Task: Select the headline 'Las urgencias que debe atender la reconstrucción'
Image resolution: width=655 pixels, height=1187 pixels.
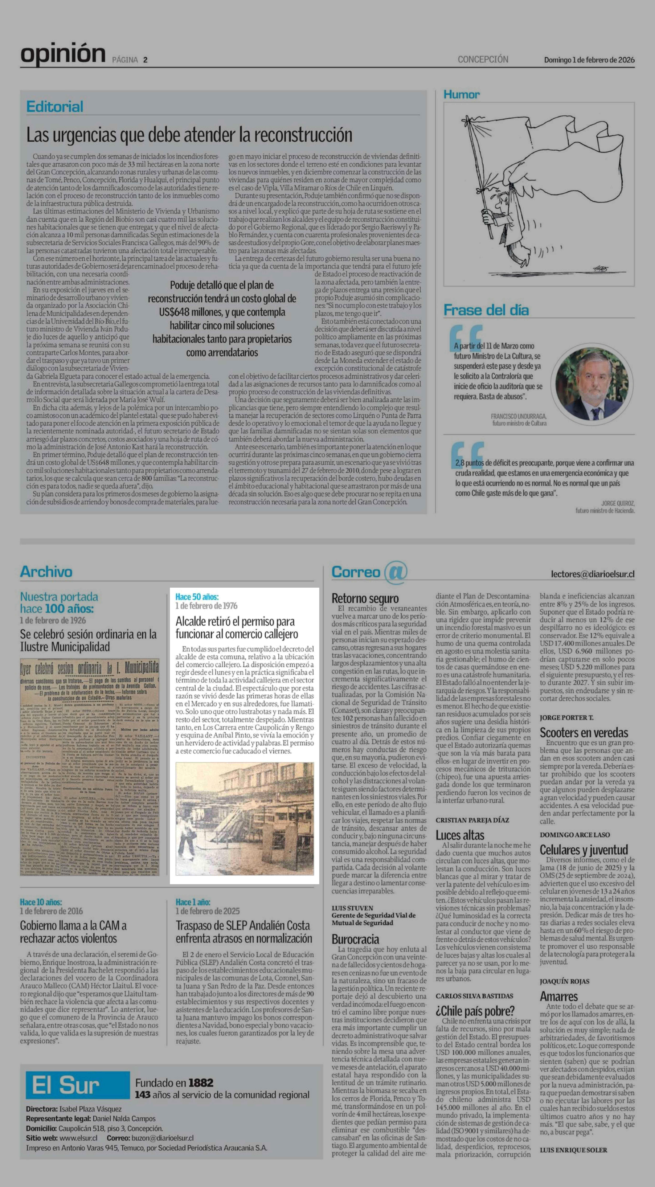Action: pyautogui.click(x=189, y=135)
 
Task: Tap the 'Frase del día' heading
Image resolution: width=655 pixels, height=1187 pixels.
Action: pyautogui.click(x=486, y=310)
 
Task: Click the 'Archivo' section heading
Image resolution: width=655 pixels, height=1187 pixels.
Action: pyautogui.click(x=46, y=572)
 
